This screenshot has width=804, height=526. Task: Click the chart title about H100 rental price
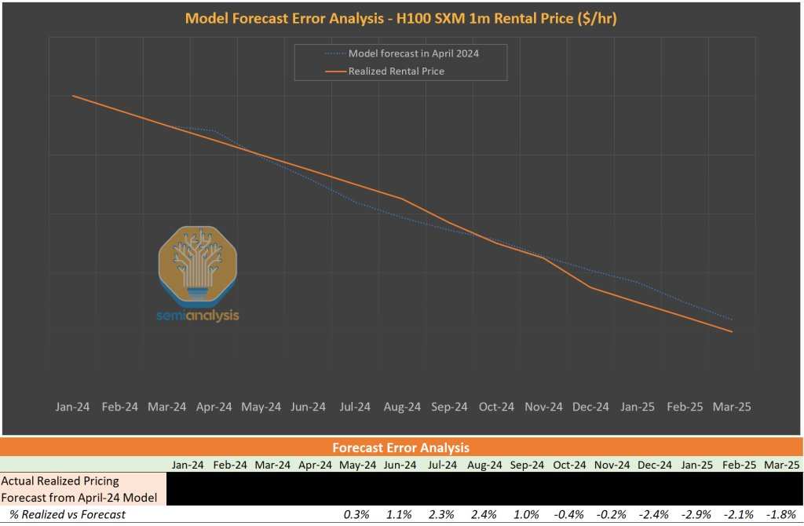401,18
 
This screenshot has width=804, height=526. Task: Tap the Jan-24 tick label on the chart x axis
73,407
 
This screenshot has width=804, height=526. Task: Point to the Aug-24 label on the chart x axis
402,407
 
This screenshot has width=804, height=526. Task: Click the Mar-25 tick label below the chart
732,407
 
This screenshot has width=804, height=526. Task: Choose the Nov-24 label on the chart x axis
543,407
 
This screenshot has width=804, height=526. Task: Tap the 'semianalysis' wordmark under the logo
197,316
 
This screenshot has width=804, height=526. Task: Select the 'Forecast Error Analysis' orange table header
401,447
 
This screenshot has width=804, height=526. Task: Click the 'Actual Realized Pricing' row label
61,480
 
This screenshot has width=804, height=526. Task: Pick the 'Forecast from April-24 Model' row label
79,496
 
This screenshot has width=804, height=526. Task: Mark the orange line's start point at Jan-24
73,96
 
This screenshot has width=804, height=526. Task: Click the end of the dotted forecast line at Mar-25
732,320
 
